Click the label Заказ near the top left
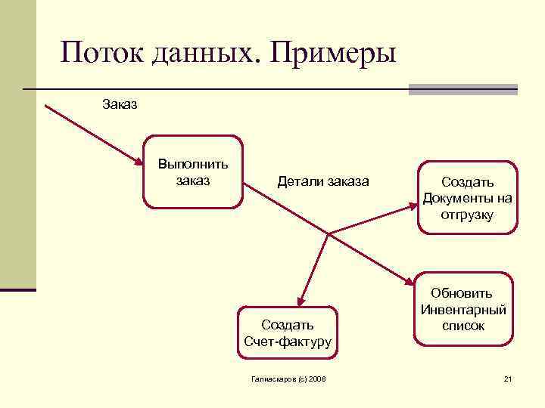click(120, 104)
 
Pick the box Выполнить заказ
click(193, 172)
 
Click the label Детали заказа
click(323, 182)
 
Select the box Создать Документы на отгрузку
click(467, 197)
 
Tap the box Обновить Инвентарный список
click(463, 309)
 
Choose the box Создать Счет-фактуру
click(288, 333)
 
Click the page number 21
click(508, 378)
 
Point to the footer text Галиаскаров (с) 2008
click(288, 378)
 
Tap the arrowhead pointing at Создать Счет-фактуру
click(301, 301)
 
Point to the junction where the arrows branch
click(327, 233)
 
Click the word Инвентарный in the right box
click(463, 309)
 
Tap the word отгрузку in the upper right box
click(467, 215)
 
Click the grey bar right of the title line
click(462, 88)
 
